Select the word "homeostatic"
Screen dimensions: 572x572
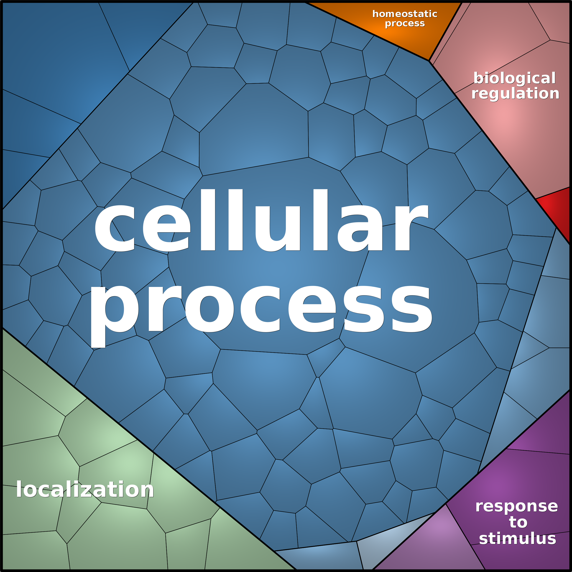click(x=405, y=14)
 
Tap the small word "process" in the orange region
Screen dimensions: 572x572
click(x=405, y=23)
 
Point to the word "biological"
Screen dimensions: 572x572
click(x=514, y=78)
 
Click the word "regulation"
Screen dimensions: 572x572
click(x=515, y=93)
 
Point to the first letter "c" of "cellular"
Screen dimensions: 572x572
click(x=115, y=228)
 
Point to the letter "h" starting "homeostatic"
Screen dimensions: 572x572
click(x=375, y=14)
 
